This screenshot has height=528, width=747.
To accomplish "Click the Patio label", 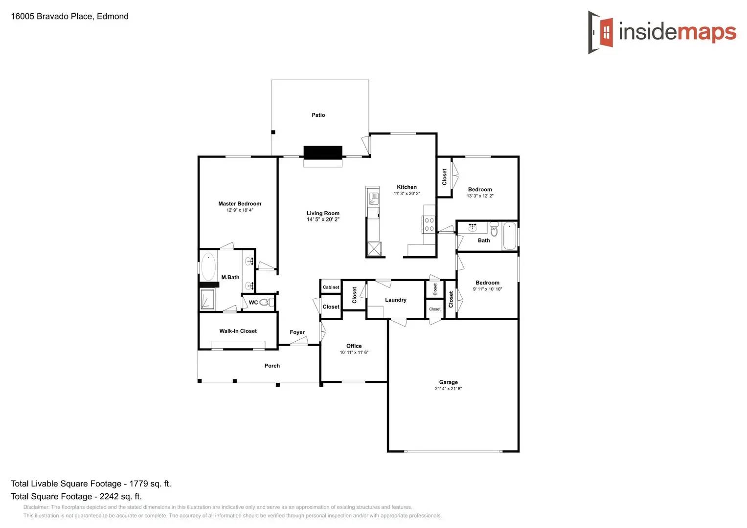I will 318,115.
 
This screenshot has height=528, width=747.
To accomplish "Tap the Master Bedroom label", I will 240,204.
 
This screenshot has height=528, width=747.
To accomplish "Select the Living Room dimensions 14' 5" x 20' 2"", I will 323,220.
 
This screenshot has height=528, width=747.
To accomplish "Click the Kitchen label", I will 407,187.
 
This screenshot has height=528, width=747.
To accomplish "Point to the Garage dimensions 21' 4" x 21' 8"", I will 448,389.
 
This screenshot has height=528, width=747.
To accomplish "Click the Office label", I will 354,346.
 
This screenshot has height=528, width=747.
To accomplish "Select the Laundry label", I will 395,300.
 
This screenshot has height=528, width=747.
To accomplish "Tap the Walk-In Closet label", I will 238,331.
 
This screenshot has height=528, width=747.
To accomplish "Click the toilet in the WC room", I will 267,302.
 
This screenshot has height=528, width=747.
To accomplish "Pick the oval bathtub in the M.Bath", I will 208,266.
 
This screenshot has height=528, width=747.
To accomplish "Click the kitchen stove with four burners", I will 429,224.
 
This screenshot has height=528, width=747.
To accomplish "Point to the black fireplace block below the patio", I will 323,153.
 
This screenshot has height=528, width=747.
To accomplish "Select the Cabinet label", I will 331,287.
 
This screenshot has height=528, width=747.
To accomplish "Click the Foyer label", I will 297,332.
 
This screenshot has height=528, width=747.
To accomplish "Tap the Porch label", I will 272,366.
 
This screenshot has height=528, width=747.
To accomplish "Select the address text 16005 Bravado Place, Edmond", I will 69,16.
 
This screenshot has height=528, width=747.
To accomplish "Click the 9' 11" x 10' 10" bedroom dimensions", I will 487,289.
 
